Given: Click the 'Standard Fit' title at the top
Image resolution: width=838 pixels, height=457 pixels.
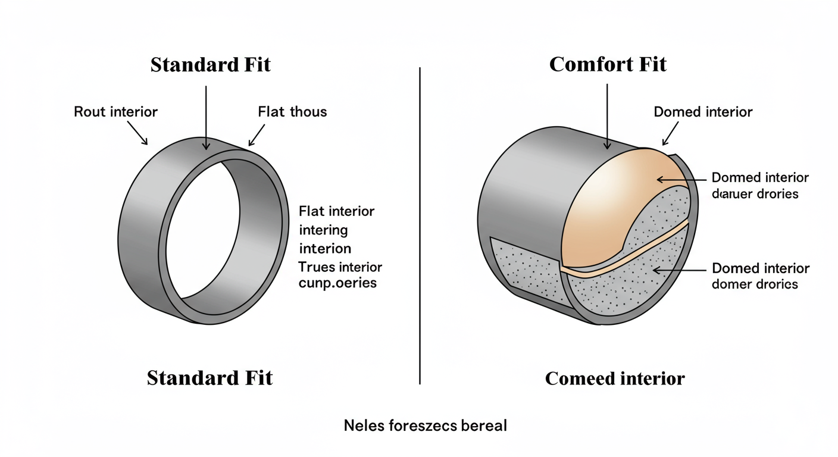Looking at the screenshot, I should (x=210, y=64).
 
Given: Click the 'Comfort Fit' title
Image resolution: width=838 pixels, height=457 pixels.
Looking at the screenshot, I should (x=608, y=64).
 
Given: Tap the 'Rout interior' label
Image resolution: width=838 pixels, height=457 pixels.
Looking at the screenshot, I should (x=115, y=111).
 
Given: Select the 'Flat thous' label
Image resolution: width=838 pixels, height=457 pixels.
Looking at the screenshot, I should (x=292, y=111).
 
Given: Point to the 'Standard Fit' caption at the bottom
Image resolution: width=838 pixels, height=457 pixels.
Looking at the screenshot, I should (x=209, y=378).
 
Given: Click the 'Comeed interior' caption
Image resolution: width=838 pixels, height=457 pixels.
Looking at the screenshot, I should (x=615, y=378).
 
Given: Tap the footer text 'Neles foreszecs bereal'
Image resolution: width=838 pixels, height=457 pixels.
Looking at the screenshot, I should (x=426, y=425).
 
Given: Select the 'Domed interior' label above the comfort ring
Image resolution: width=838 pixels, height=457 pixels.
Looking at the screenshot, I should (x=703, y=112).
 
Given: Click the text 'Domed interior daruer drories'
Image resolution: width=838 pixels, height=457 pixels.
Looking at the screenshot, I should (x=760, y=186).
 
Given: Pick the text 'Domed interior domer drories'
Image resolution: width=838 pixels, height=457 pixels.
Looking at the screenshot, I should (x=760, y=276).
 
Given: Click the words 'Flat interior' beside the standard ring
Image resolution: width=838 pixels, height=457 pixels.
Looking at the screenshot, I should (x=336, y=211).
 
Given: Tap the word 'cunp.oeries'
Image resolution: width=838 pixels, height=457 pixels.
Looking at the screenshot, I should (x=337, y=283).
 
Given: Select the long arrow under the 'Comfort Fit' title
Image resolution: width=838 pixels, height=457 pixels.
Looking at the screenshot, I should (x=607, y=116).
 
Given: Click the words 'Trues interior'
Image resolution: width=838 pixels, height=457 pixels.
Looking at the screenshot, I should (x=340, y=267).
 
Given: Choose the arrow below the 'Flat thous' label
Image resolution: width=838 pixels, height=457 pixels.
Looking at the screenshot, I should (x=257, y=135).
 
